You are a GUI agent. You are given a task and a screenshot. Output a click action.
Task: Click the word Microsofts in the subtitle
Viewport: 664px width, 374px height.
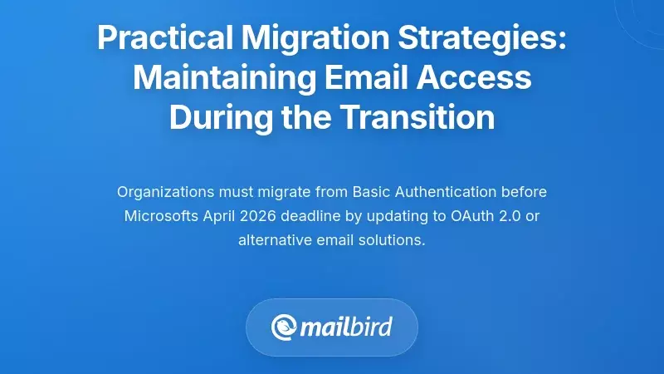(158, 217)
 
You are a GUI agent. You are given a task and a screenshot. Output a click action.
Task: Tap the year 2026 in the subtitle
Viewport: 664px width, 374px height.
(257, 217)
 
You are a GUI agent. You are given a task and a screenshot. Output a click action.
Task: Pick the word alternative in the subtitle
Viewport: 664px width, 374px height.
(272, 241)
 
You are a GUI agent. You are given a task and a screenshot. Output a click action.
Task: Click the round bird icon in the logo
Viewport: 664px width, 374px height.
(285, 326)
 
